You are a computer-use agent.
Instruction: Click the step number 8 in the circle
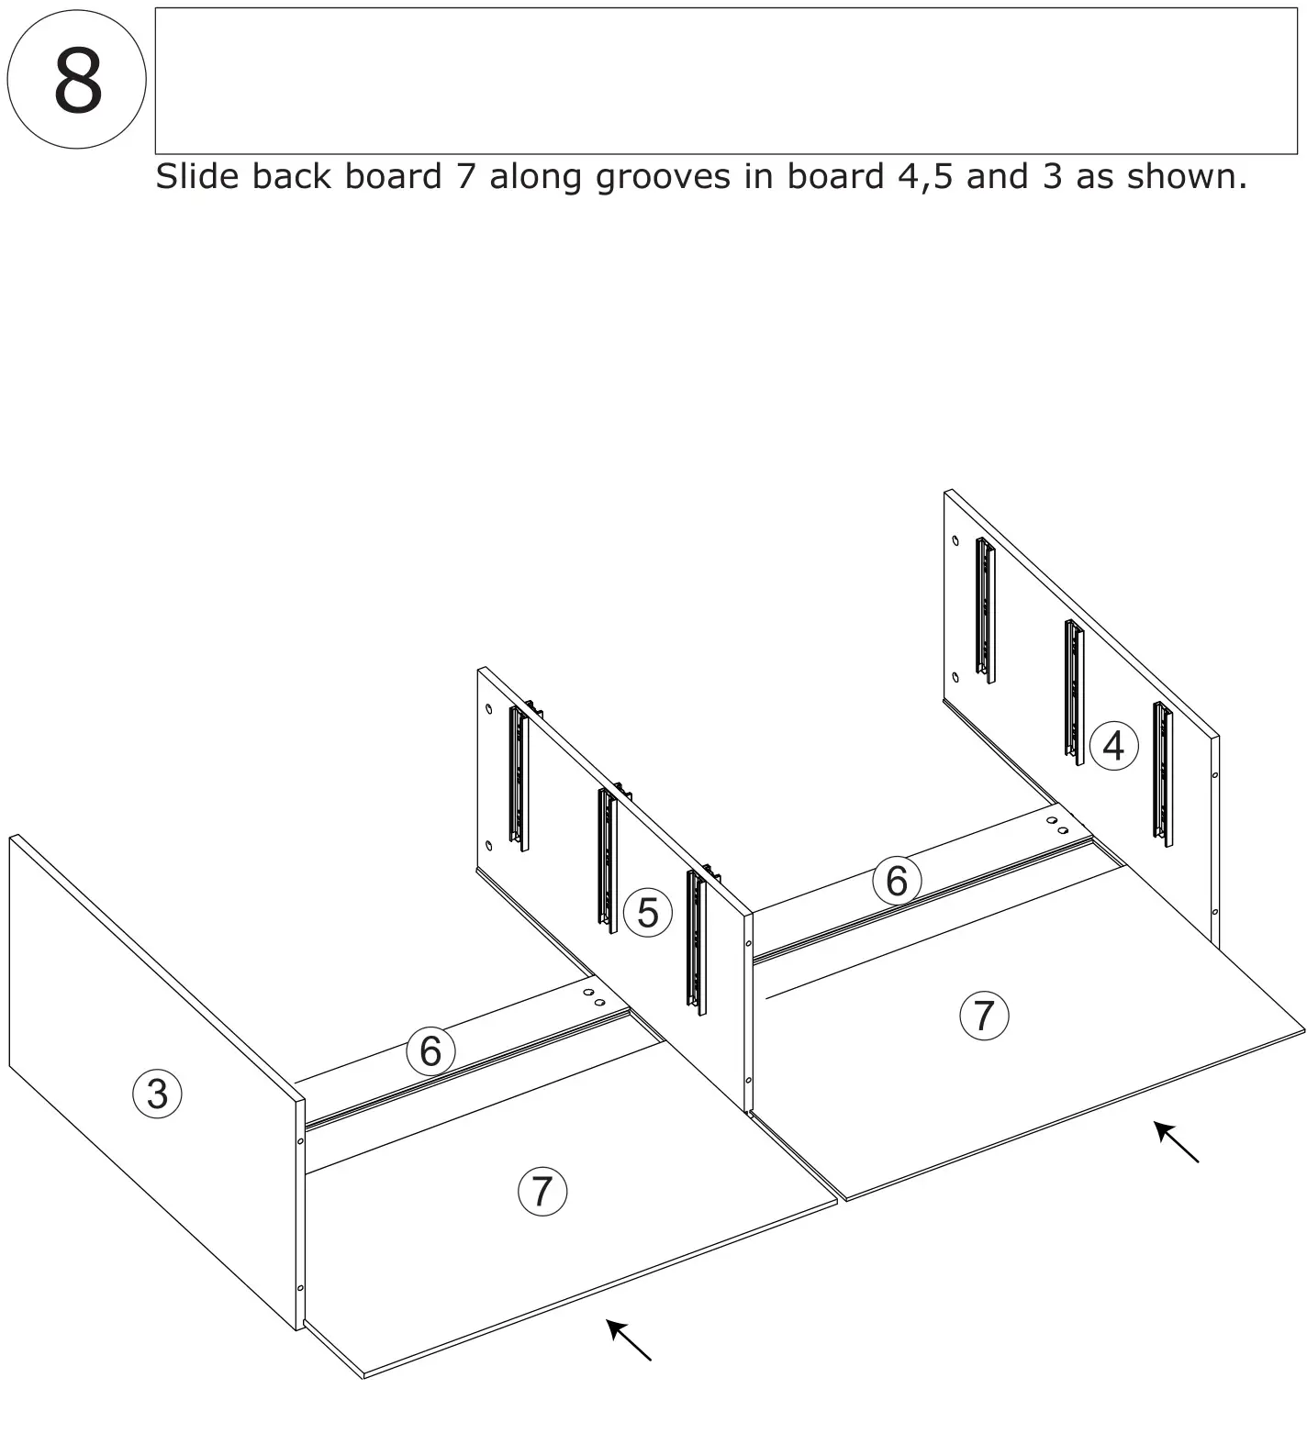[77, 81]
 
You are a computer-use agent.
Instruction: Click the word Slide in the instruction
[196, 175]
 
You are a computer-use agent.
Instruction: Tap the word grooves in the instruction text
[663, 176]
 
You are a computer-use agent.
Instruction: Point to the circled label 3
[157, 1094]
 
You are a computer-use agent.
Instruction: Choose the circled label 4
[1113, 746]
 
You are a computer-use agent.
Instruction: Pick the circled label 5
[647, 913]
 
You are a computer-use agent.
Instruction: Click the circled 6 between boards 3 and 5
[430, 1050]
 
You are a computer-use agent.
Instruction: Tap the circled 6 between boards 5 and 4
[896, 881]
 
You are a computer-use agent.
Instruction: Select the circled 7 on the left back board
[542, 1191]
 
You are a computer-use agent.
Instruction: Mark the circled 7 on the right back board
[984, 1016]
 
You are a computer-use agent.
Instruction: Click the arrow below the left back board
[629, 1339]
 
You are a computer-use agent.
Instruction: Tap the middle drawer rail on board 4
[1074, 691]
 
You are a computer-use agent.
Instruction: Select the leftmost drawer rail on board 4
[985, 609]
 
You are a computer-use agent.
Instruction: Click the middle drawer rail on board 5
[608, 860]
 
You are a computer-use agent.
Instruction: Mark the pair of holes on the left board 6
[595, 998]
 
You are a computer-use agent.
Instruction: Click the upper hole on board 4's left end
[955, 541]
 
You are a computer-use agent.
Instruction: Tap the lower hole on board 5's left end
[488, 845]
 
